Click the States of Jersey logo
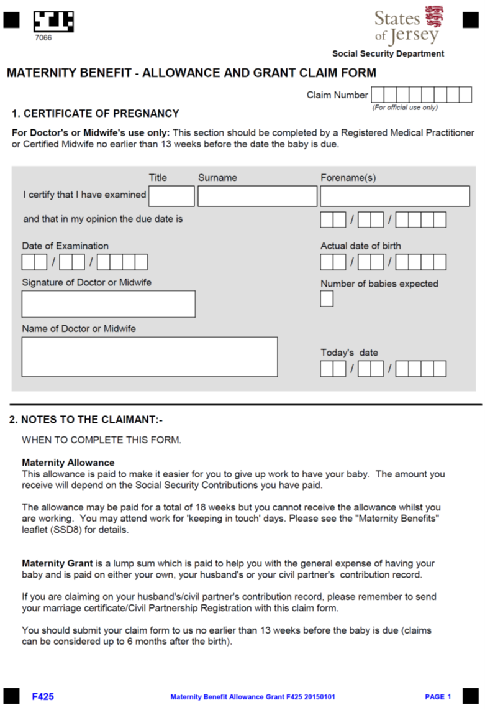[x=409, y=25]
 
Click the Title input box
[x=171, y=196]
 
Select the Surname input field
[x=257, y=196]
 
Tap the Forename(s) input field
[x=394, y=196]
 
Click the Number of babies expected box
[x=327, y=299]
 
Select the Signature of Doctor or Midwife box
[x=109, y=304]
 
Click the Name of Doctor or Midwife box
[x=150, y=357]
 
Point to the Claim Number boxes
[x=421, y=95]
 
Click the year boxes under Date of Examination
[x=122, y=262]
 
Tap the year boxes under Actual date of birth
[x=420, y=262]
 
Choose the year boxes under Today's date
[x=420, y=369]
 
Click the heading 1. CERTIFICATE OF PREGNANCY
[x=95, y=114]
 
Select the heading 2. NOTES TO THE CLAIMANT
[x=86, y=420]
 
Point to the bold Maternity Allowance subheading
[x=68, y=463]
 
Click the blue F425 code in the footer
[x=43, y=697]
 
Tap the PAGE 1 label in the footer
[x=438, y=697]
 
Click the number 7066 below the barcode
[x=43, y=38]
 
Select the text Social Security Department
[x=388, y=54]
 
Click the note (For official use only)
[x=405, y=108]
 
